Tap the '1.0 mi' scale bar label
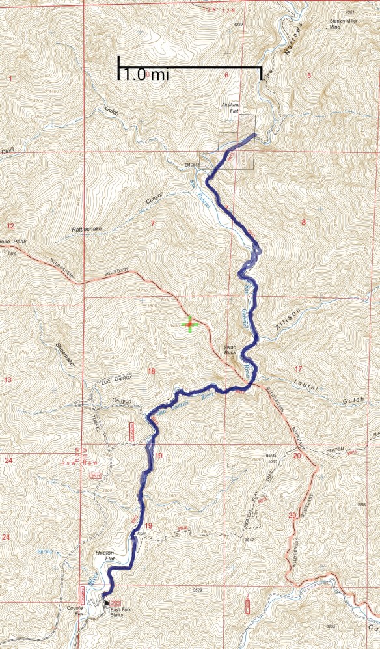tap(146, 75)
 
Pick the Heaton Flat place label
tap(105, 557)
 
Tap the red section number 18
tap(152, 371)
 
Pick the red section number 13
tap(8, 380)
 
